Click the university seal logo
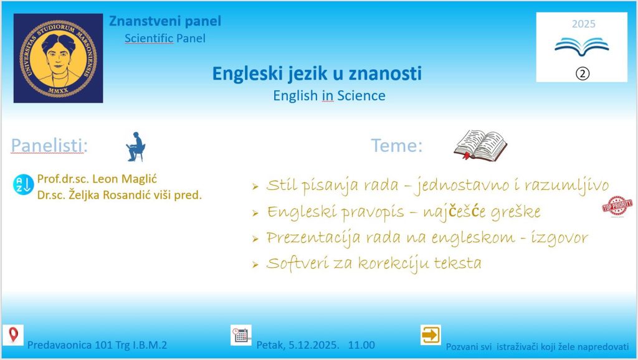(x=58, y=58)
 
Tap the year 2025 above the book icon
(x=583, y=24)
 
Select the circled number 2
(x=583, y=73)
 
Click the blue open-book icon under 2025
(x=582, y=46)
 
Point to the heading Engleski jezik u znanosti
(x=317, y=74)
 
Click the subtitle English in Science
(x=329, y=95)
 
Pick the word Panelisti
(x=49, y=145)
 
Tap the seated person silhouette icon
(x=135, y=146)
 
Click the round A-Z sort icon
(x=23, y=184)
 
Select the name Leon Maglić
(x=125, y=179)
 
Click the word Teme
(x=396, y=146)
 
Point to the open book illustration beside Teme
(x=480, y=145)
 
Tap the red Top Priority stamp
(x=617, y=206)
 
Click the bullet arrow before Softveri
(x=255, y=265)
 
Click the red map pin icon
(x=14, y=335)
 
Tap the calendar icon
(x=241, y=335)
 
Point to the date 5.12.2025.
(x=313, y=345)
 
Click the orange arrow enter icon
(x=431, y=335)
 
